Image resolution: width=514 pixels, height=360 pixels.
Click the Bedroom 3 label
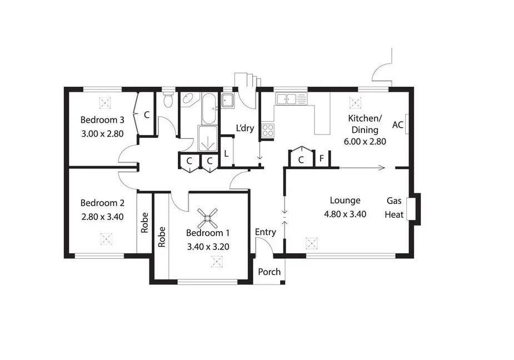tap(102, 120)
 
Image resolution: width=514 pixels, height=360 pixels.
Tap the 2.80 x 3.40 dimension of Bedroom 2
tap(102, 217)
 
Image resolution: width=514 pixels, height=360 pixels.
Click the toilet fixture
tap(168, 101)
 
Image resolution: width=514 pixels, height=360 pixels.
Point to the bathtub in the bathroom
tap(210, 108)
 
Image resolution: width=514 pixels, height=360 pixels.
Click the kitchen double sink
tap(291, 99)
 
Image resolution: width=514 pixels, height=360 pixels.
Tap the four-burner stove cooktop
tap(268, 131)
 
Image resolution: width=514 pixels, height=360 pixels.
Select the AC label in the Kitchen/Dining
tap(397, 125)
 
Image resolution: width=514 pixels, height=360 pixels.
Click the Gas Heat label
tap(395, 207)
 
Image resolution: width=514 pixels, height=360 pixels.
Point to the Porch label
tap(270, 272)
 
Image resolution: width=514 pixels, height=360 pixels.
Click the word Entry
tap(265, 232)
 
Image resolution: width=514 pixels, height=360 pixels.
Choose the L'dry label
tap(245, 128)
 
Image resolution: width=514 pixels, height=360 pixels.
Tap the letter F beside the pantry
tap(321, 160)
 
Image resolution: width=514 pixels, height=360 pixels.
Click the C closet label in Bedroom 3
tap(147, 116)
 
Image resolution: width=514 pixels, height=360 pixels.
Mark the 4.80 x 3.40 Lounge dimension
tap(345, 214)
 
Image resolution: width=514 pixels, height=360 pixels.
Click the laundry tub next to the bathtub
tap(228, 101)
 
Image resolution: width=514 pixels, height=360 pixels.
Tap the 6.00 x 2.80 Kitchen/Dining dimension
tap(364, 141)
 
